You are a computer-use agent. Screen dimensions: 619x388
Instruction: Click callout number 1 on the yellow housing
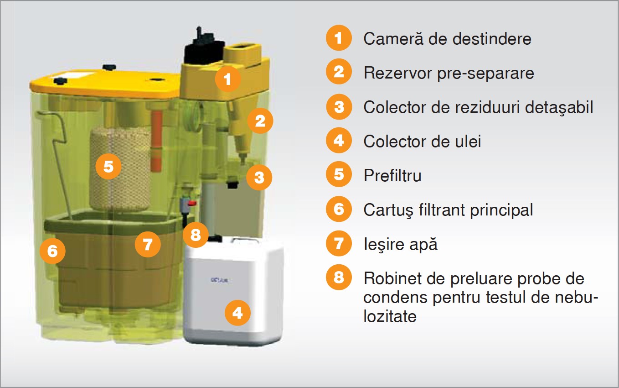pyautogui.click(x=228, y=79)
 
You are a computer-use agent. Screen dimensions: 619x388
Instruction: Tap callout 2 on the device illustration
pyautogui.click(x=260, y=121)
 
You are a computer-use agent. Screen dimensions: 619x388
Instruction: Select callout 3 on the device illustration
pyautogui.click(x=259, y=177)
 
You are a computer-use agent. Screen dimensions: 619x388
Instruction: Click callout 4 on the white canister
pyautogui.click(x=237, y=313)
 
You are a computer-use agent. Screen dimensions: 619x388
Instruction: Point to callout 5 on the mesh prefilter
pyautogui.click(x=108, y=166)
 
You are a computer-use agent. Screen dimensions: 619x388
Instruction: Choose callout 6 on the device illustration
pyautogui.click(x=52, y=251)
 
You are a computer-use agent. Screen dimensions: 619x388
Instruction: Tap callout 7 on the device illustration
pyautogui.click(x=148, y=244)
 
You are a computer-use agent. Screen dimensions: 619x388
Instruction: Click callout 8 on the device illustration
pyautogui.click(x=196, y=235)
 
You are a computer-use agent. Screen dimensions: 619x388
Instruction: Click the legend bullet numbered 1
pyautogui.click(x=339, y=37)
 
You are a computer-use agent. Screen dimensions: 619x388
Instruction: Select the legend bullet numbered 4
pyautogui.click(x=339, y=140)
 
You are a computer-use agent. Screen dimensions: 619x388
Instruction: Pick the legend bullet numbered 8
pyautogui.click(x=339, y=277)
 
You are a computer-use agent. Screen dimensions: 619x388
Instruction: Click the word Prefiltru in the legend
pyautogui.click(x=392, y=175)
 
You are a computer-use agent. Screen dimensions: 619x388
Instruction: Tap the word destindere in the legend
pyautogui.click(x=492, y=38)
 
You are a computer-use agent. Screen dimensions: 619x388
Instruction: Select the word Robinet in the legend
pyautogui.click(x=392, y=278)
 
